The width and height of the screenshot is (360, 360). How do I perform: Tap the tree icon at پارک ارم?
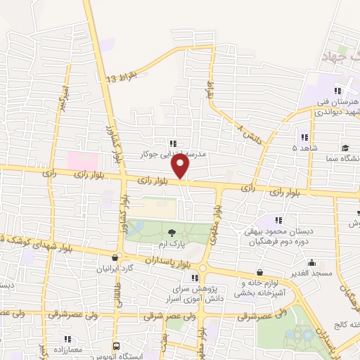tap(171, 233)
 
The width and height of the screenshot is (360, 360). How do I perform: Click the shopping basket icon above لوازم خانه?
tap(260, 273)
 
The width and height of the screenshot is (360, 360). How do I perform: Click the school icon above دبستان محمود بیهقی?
tap(279, 220)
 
